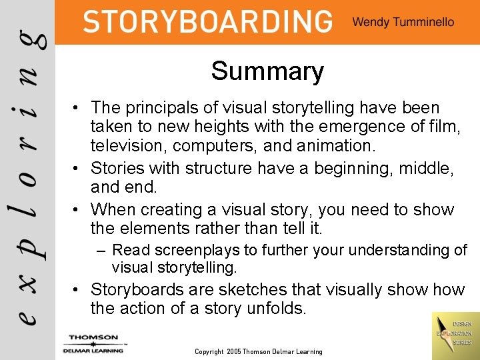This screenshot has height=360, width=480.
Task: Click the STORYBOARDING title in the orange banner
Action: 207,22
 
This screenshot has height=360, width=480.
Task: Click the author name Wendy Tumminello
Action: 403,22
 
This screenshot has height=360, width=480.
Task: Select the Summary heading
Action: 267,71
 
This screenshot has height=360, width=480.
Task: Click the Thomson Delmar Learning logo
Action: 93,343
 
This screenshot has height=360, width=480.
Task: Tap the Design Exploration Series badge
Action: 455,333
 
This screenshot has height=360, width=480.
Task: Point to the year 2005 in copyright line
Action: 233,351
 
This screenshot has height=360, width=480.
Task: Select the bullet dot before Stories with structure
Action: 79,168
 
